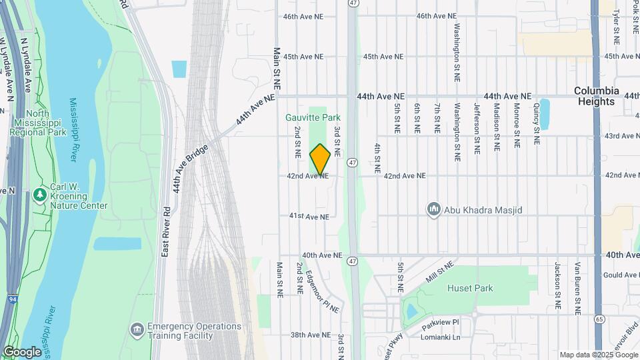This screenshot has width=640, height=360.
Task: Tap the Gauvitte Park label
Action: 313,117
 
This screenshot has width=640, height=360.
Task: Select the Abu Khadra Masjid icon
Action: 434,210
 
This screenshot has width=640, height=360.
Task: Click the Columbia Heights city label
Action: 597,96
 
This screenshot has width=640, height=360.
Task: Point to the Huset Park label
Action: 475,288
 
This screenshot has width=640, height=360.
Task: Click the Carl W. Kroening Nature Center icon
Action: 40,193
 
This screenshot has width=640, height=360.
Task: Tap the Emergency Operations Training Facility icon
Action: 137,329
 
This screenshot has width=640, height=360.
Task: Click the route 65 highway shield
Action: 600,319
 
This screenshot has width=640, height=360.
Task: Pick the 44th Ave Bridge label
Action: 191,169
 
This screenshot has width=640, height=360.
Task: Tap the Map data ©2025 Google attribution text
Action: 598,355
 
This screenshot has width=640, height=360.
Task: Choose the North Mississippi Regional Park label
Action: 38,123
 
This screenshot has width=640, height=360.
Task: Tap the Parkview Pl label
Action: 440,321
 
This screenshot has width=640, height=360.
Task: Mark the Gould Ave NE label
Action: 621,275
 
